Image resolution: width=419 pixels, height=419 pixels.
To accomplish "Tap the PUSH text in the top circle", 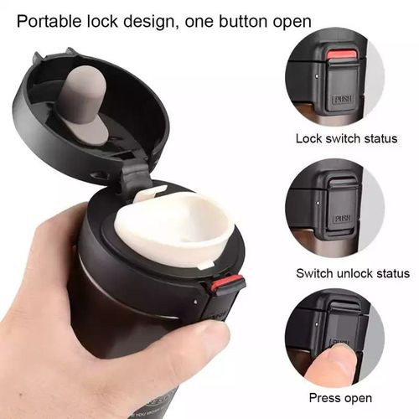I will click(342, 101).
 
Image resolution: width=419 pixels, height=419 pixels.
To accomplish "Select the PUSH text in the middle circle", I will click(342, 219).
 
